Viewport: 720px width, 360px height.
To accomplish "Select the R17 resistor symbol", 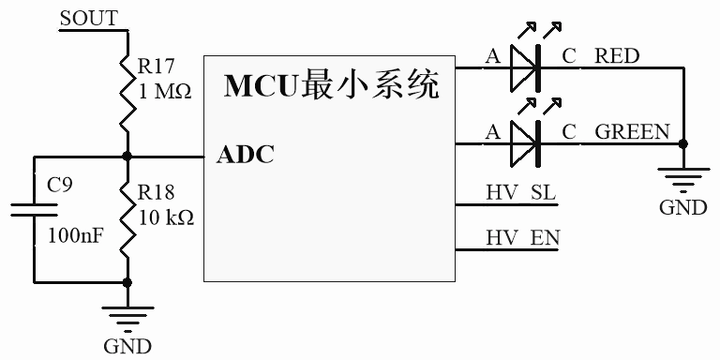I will [126, 95].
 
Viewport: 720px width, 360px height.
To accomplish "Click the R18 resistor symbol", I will [126, 218].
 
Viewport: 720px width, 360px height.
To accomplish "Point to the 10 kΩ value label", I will [165, 217].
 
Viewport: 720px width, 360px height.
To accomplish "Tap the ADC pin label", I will [246, 156].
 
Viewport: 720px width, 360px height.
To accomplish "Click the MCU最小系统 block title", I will [332, 87].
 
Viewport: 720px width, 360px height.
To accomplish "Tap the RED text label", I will [618, 56].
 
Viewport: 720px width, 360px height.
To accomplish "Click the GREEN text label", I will [633, 132].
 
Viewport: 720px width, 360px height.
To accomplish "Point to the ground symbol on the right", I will [682, 178].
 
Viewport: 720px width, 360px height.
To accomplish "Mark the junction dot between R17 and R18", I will [126, 157].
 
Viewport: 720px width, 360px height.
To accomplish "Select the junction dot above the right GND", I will [682, 143].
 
